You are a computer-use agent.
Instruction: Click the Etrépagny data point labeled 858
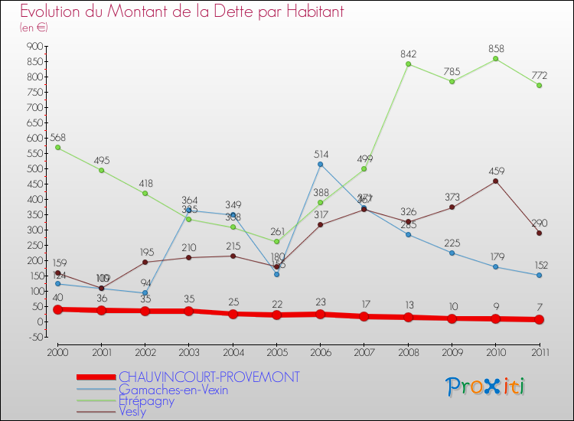tap(496, 59)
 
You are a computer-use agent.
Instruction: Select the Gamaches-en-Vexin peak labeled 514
tap(321, 164)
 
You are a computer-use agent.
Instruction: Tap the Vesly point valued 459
tap(496, 181)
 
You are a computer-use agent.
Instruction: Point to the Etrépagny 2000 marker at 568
tap(57, 148)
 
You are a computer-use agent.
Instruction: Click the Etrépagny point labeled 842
tap(408, 64)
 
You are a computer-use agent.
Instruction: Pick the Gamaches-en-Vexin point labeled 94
tap(145, 292)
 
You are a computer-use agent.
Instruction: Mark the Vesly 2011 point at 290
tap(540, 233)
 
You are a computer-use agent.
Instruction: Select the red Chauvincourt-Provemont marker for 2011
tap(540, 319)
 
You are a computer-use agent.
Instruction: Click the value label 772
tap(540, 75)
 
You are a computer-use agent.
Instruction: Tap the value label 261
tap(276, 231)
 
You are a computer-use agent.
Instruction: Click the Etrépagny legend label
tap(146, 400)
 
